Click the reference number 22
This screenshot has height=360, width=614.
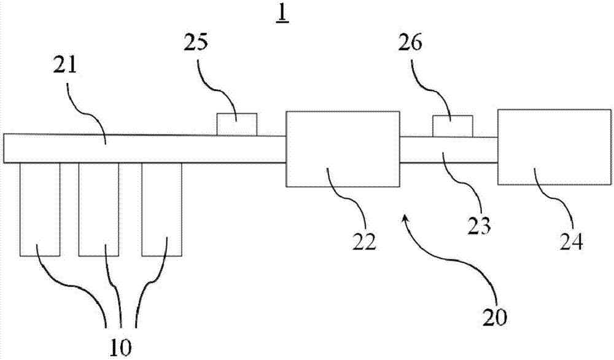[364, 240]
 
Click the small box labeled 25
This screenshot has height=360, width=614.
[238, 124]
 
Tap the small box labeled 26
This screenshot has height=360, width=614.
[453, 126]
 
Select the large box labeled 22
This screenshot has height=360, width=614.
[341, 149]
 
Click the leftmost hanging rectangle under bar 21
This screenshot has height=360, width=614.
[40, 209]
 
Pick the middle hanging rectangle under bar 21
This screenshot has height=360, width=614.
[99, 209]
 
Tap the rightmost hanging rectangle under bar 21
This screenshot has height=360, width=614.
[161, 209]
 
